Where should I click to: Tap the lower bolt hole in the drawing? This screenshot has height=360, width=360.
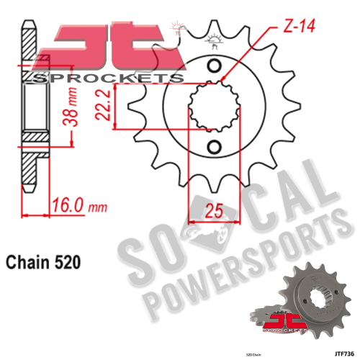click(214, 148)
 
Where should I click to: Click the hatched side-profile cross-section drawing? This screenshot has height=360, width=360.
click(30, 115)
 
